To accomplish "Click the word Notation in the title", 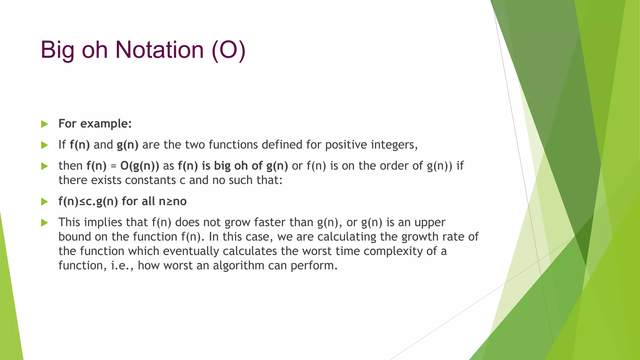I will (159, 50).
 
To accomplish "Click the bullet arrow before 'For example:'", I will (44, 124).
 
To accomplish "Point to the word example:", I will (106, 124).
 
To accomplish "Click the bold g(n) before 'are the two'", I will (127, 145).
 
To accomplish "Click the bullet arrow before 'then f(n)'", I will (44, 166).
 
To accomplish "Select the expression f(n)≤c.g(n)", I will (88, 202).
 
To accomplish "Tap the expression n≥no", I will (172, 202).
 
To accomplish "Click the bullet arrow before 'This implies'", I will (44, 223).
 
